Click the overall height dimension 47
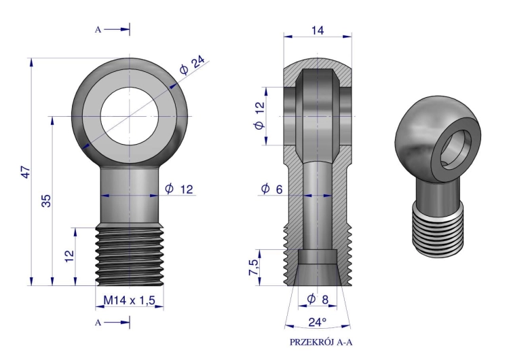[26, 172]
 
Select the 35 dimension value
[46, 200]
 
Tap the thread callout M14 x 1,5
[129, 300]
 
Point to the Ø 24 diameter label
[192, 65]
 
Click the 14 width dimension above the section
[318, 31]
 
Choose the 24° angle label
[317, 322]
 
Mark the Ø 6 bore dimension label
[271, 188]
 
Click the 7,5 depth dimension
[254, 268]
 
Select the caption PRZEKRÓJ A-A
[321, 342]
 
